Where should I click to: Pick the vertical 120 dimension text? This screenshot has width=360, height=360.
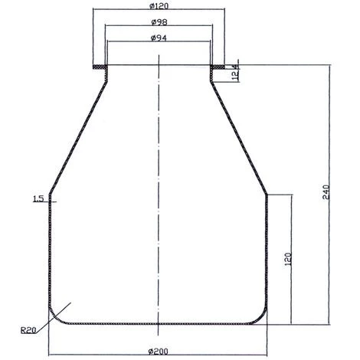click(288, 260)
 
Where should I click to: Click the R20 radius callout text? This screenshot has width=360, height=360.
click(28, 329)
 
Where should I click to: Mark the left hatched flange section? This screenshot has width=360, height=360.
click(97, 68)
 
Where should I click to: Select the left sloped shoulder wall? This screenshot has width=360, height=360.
click(77, 134)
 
